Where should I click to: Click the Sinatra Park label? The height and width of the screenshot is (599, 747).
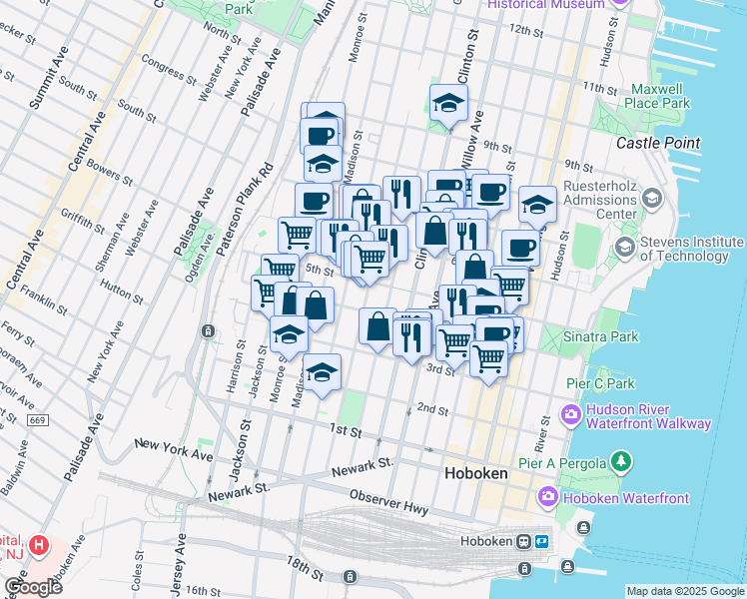click(603, 337)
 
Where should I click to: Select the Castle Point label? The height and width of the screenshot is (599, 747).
click(657, 143)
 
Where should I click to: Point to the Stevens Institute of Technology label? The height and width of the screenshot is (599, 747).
click(690, 249)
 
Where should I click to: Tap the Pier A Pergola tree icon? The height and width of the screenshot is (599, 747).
click(622, 461)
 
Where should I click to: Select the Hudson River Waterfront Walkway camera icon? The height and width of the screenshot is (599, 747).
click(571, 413)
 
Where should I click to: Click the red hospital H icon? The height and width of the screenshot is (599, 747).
click(38, 545)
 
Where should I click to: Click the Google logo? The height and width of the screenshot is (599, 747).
click(33, 586)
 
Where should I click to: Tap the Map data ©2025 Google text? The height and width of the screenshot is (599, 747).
click(684, 591)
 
